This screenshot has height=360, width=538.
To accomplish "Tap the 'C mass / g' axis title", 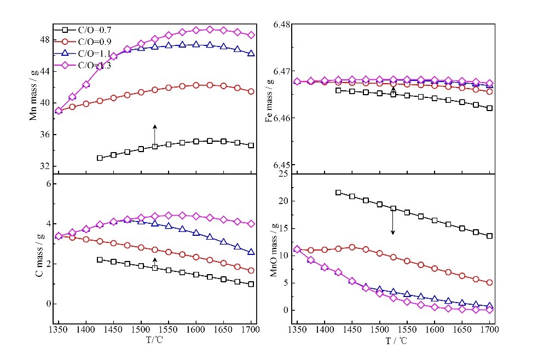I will click(39, 253).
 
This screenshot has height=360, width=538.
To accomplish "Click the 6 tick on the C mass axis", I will click(48, 184).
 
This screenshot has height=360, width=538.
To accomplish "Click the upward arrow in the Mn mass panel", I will click(155, 133).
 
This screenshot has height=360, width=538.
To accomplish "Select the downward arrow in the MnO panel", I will click(392, 222).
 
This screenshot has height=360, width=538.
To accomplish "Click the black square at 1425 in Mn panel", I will click(100, 158).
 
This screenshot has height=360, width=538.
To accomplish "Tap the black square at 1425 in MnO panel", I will click(338, 193).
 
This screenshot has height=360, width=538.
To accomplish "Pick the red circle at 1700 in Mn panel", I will click(251, 91).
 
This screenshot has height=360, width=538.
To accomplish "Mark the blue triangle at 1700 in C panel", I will click(251, 252).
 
